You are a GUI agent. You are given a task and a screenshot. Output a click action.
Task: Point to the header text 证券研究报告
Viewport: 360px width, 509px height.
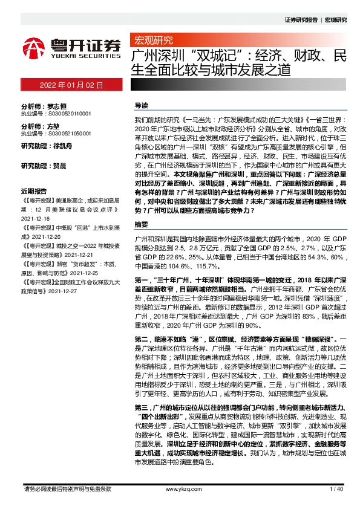point(300,20)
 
